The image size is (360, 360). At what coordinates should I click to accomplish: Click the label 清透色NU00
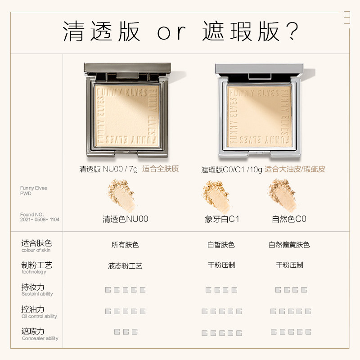click(x=125, y=219)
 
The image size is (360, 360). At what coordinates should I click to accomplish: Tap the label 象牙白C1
click(x=221, y=220)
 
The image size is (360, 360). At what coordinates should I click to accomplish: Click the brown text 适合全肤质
click(x=161, y=169)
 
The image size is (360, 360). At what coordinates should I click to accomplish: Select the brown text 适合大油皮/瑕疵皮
click(x=295, y=169)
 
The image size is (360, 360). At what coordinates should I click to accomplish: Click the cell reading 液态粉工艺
click(x=125, y=265)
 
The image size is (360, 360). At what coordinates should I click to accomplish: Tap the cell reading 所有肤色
click(x=125, y=245)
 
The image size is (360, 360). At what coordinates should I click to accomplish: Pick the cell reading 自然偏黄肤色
click(x=289, y=245)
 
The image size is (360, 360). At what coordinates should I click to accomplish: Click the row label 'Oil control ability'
click(x=40, y=316)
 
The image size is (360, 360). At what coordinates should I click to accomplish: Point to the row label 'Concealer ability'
click(x=40, y=338)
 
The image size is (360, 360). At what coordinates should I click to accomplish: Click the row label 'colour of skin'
click(x=36, y=250)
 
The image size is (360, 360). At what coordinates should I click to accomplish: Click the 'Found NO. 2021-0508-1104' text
click(x=40, y=217)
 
